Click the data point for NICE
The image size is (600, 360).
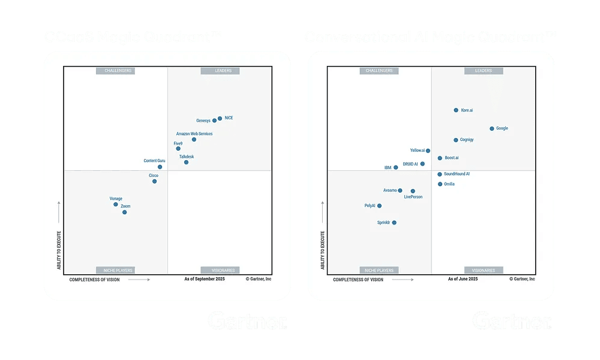(220, 119)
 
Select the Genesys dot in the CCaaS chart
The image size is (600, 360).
(214, 121)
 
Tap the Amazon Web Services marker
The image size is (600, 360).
(194, 139)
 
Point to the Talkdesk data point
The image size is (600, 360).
(186, 162)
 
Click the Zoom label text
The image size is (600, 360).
(125, 206)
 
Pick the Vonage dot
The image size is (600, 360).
(116, 205)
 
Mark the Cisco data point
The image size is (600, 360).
(154, 181)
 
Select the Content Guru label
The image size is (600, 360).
(154, 161)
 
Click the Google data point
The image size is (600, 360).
(491, 128)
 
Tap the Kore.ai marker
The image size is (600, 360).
(456, 110)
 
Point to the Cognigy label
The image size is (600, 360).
(467, 140)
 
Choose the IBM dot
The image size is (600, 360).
(395, 167)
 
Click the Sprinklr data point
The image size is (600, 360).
(394, 223)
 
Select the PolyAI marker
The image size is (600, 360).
(379, 206)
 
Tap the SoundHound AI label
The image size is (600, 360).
(457, 174)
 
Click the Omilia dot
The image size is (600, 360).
(440, 184)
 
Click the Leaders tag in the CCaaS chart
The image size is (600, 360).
(223, 71)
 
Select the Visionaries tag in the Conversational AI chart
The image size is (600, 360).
(483, 270)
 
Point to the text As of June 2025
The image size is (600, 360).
(463, 279)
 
